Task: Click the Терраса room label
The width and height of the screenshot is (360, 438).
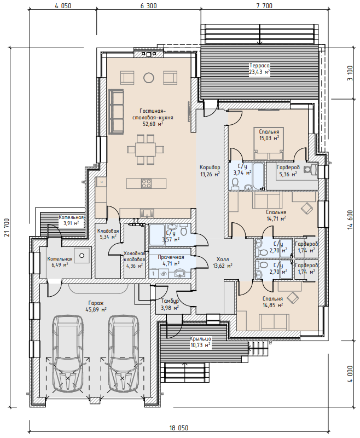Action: click(x=259, y=66)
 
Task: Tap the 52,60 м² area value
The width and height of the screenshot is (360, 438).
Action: click(x=153, y=124)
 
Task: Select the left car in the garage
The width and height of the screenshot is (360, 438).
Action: click(x=68, y=354)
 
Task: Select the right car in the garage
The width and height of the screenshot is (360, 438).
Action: click(x=123, y=354)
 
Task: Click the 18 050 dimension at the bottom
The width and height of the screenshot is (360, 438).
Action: click(x=179, y=428)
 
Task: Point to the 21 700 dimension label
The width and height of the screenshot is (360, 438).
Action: click(x=7, y=227)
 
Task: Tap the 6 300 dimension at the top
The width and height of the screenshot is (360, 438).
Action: click(x=148, y=6)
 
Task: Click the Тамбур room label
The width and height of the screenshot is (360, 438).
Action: click(x=170, y=301)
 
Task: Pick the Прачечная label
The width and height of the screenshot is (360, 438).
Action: click(x=171, y=257)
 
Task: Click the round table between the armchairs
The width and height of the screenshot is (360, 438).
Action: click(x=148, y=78)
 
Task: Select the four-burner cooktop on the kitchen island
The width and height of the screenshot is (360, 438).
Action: click(x=146, y=183)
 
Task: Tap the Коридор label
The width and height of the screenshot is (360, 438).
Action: click(x=210, y=168)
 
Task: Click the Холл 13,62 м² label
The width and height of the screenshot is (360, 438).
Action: click(x=223, y=262)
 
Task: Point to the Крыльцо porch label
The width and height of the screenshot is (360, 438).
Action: click(x=200, y=339)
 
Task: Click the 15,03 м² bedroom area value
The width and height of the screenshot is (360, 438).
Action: click(x=269, y=138)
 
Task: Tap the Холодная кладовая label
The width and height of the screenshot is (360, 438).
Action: click(x=135, y=256)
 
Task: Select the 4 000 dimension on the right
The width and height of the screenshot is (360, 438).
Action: click(x=351, y=374)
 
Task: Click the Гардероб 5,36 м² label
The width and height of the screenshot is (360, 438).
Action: click(x=288, y=171)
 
